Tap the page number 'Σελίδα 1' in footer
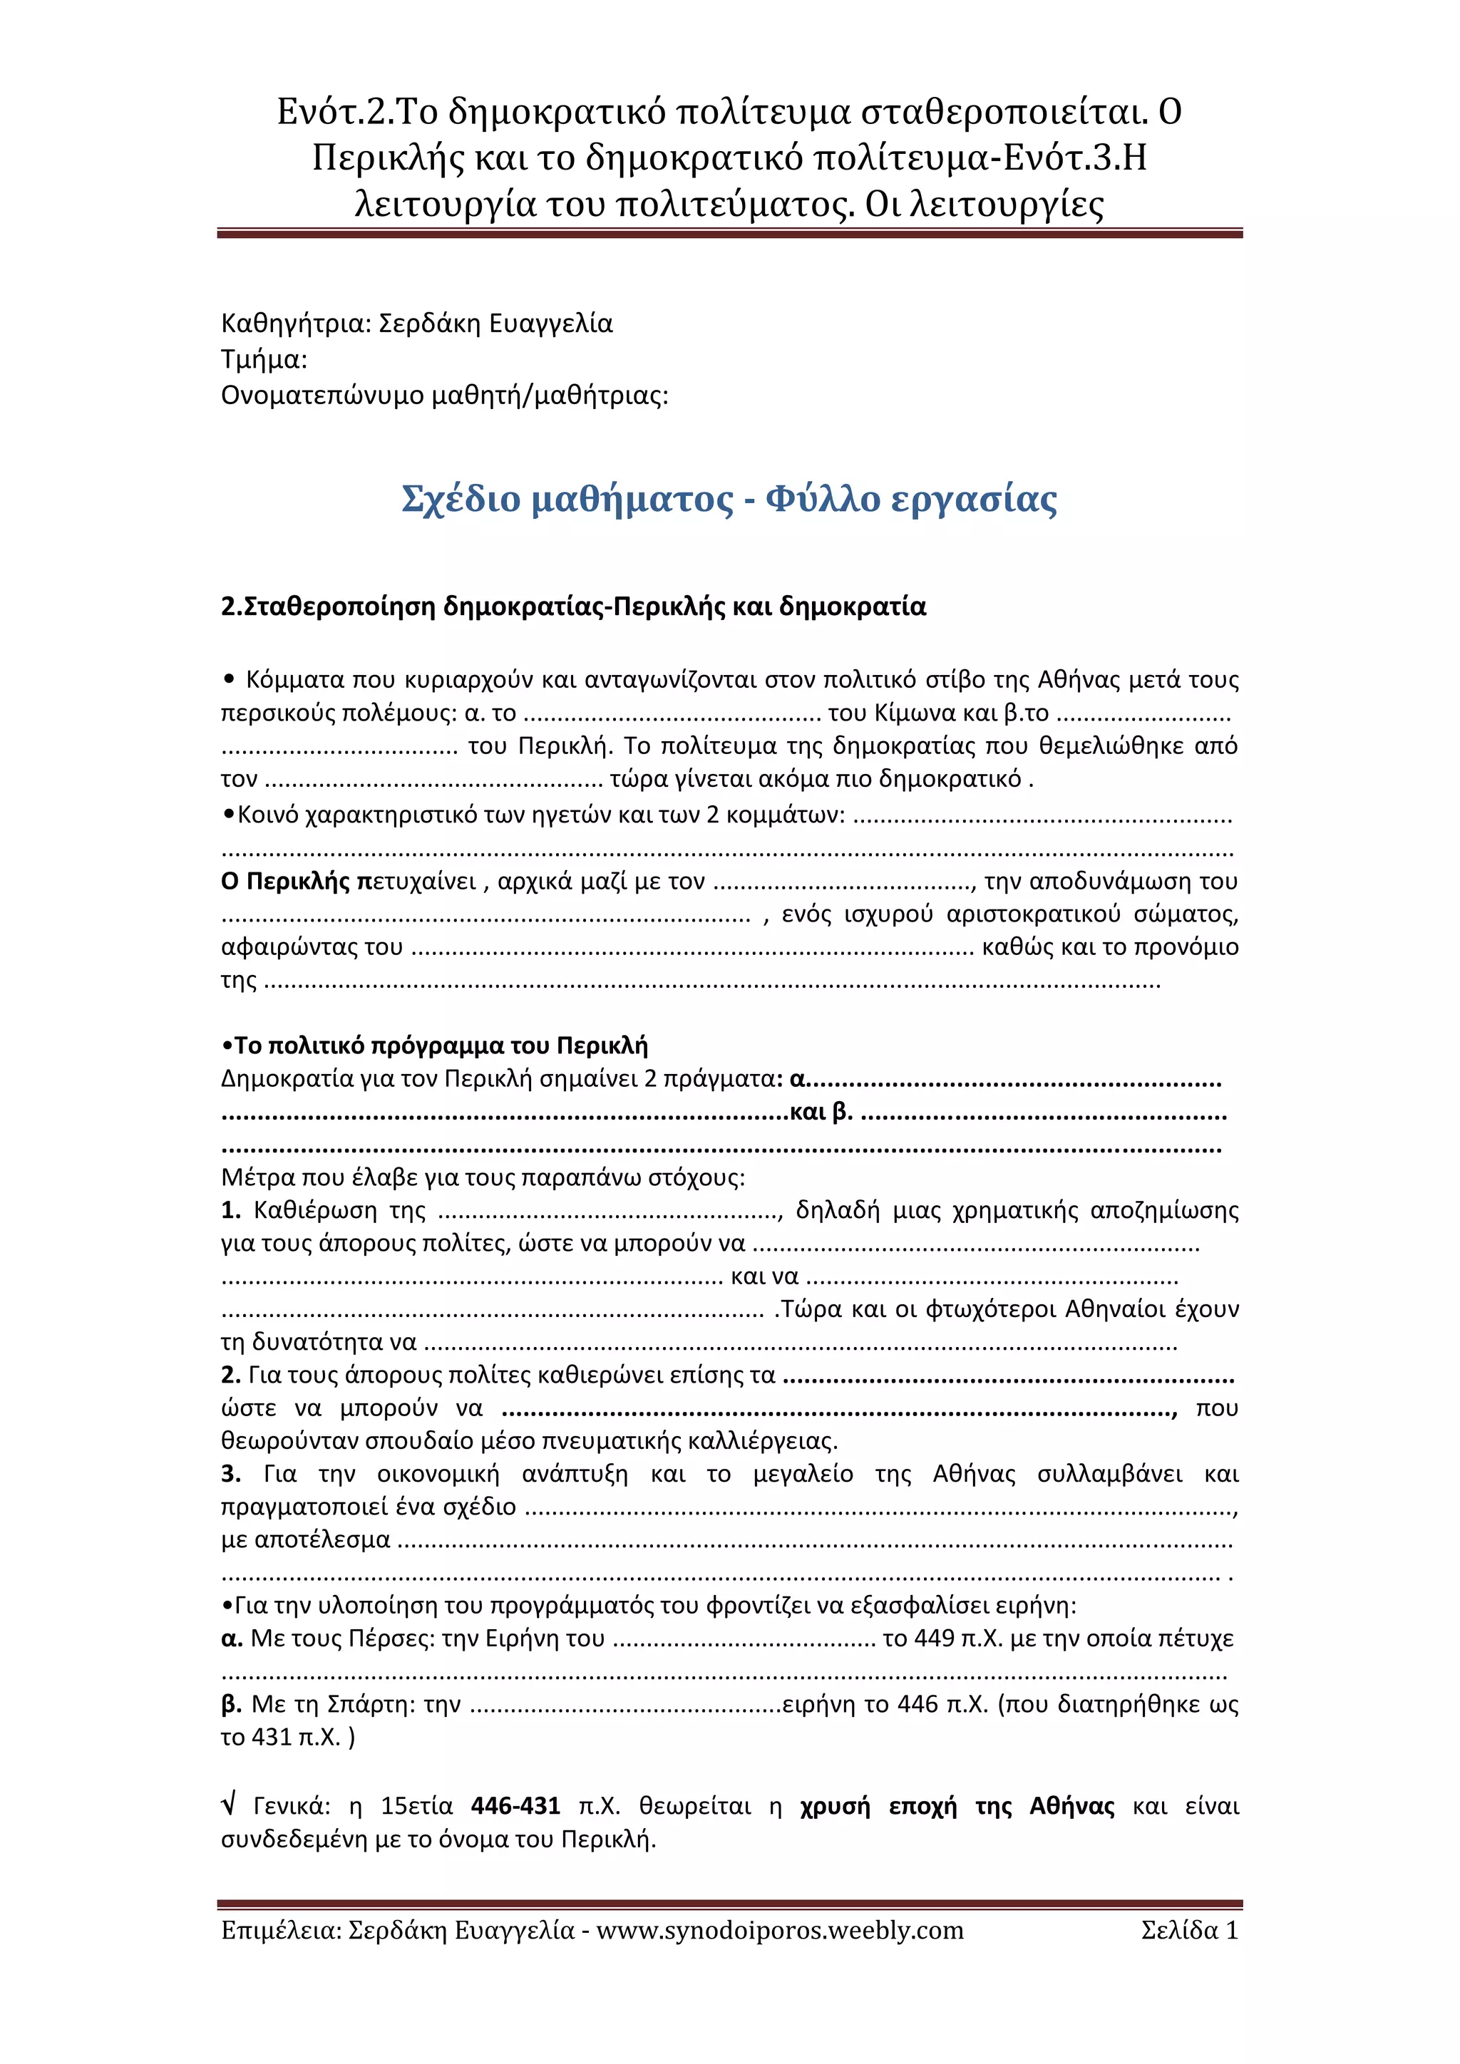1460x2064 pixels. coord(1189,1929)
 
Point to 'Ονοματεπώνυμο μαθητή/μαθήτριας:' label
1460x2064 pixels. coord(444,396)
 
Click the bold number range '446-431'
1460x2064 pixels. coord(515,1805)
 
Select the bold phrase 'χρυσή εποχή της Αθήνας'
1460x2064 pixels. coord(957,1805)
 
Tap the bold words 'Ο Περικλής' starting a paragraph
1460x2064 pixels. coord(285,881)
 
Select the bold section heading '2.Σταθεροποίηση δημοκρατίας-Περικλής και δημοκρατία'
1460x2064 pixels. coord(574,607)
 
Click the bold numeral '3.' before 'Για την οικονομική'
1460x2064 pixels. coord(231,1473)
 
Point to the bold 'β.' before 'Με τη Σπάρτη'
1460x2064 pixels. coord(230,1703)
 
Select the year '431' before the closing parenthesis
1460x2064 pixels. coord(272,1737)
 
